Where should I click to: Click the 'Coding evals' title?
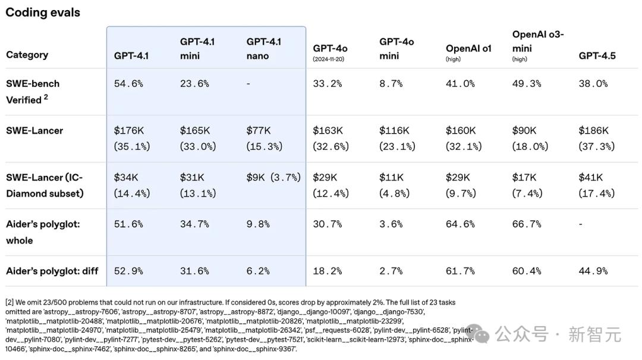click(43, 12)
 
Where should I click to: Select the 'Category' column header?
click(27, 55)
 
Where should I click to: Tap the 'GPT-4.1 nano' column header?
click(264, 49)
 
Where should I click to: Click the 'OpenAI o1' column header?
click(468, 49)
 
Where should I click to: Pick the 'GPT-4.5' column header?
click(597, 56)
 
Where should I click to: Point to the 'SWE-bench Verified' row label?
click(33, 91)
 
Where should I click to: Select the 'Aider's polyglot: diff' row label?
click(52, 271)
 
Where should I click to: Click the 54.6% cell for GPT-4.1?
click(128, 84)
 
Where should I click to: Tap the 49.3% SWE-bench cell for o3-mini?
click(527, 84)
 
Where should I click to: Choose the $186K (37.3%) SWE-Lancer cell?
click(596, 138)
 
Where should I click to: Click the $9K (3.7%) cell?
click(273, 177)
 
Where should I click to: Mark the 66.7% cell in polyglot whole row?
click(527, 224)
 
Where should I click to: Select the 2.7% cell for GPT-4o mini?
click(391, 271)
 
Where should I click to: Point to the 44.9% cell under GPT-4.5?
click(593, 271)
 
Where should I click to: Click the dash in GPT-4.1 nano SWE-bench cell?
click(248, 84)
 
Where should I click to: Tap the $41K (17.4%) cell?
click(596, 185)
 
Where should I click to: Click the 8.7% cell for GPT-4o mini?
click(391, 84)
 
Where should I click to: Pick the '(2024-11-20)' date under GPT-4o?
click(328, 59)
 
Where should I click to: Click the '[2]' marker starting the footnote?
click(10, 302)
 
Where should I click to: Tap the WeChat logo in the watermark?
click(482, 336)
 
